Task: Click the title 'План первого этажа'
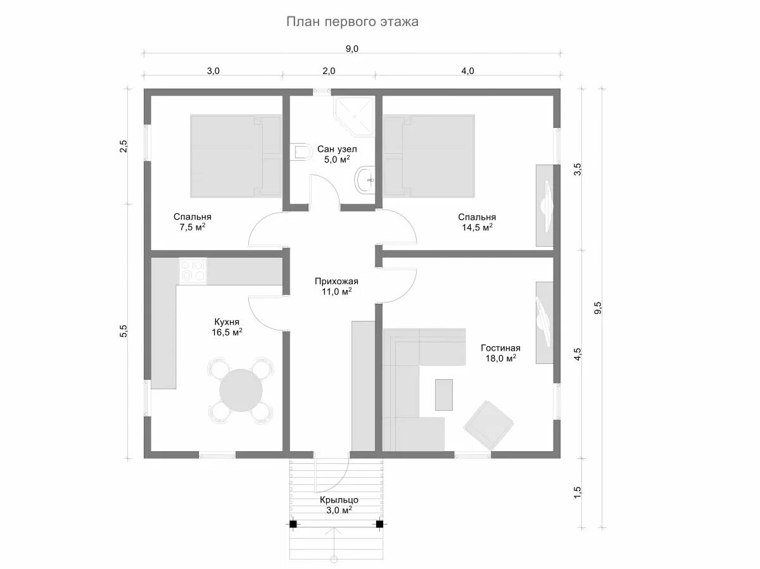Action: [352, 22]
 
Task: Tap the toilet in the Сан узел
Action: [300, 151]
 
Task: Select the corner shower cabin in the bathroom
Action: [354, 116]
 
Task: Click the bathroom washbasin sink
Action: [365, 179]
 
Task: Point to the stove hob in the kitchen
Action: [193, 271]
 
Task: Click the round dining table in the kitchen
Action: [241, 390]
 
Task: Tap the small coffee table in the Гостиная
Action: [444, 395]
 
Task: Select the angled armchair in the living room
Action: [488, 425]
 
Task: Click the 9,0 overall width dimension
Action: [352, 49]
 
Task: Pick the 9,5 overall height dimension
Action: [598, 308]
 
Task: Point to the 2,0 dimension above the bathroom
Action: [329, 71]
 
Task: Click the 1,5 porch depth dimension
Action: [577, 492]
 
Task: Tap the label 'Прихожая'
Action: [336, 281]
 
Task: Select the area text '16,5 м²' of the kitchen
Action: [227, 332]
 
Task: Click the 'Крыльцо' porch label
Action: [339, 500]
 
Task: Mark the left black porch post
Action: [293, 525]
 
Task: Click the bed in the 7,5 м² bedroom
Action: [236, 156]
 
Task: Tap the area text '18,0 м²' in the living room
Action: [501, 358]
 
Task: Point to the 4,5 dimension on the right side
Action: [577, 354]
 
